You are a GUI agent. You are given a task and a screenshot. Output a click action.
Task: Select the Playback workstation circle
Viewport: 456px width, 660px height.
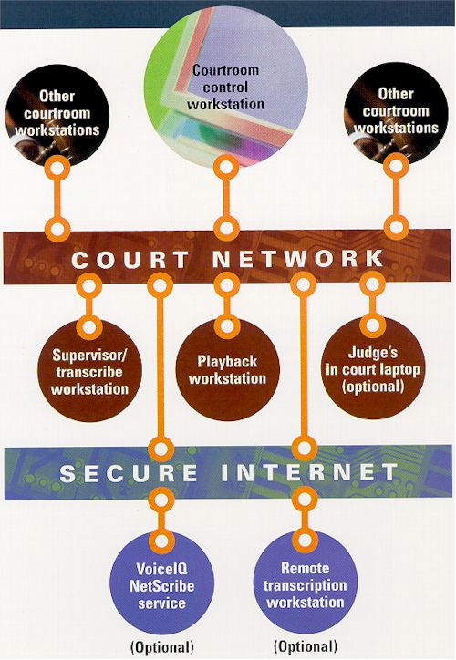click(227, 369)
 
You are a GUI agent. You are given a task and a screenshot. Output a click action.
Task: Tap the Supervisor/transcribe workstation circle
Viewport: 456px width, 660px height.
click(89, 370)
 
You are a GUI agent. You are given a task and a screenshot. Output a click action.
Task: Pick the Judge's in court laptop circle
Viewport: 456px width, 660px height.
click(373, 368)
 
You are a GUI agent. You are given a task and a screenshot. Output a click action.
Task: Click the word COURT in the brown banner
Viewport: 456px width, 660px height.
click(130, 259)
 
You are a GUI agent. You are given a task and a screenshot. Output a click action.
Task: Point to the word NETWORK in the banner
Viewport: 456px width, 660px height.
click(297, 258)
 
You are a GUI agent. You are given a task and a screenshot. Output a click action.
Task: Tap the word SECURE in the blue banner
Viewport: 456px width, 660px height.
click(129, 473)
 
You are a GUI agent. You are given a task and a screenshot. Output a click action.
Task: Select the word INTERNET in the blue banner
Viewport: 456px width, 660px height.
click(309, 472)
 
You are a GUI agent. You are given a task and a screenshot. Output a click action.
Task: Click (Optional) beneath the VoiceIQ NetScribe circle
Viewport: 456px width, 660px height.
click(162, 646)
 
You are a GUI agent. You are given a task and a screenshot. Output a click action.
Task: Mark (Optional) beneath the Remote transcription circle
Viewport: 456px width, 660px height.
click(306, 645)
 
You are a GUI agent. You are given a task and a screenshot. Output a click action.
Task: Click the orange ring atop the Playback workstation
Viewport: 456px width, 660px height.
click(227, 326)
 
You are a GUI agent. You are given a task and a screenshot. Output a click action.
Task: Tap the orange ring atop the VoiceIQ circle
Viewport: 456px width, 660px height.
click(161, 540)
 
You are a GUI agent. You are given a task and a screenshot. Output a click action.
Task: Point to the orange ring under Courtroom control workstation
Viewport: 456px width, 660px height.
click(226, 167)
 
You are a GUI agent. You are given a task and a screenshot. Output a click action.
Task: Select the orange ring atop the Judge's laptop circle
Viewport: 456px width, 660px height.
click(373, 325)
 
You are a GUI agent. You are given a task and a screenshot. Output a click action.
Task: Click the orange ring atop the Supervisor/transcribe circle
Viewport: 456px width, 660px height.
click(89, 327)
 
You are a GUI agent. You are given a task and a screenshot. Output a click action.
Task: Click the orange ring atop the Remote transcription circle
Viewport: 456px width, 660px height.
click(305, 540)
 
